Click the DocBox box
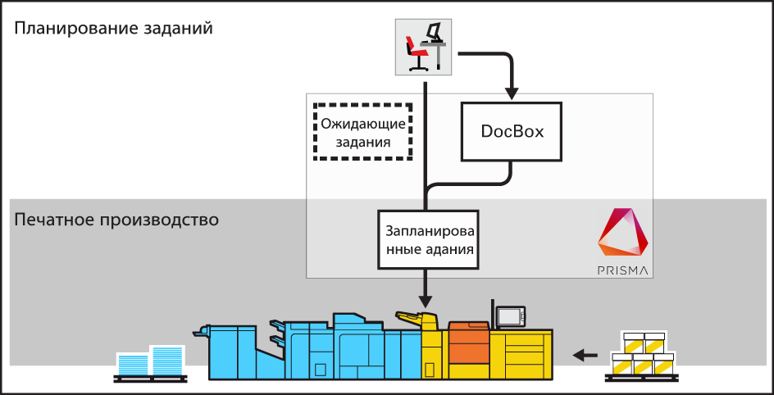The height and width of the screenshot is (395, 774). (x=512, y=131)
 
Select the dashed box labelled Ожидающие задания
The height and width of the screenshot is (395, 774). (x=363, y=132)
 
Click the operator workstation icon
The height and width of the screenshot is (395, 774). (x=426, y=46)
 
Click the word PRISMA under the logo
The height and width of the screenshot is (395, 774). (x=623, y=269)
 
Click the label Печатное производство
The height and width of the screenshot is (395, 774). (x=116, y=220)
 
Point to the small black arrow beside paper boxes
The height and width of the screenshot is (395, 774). (x=585, y=355)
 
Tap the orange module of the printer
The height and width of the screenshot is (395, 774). (x=468, y=343)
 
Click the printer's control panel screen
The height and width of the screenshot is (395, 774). (x=510, y=315)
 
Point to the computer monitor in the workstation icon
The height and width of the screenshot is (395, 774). (x=435, y=33)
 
